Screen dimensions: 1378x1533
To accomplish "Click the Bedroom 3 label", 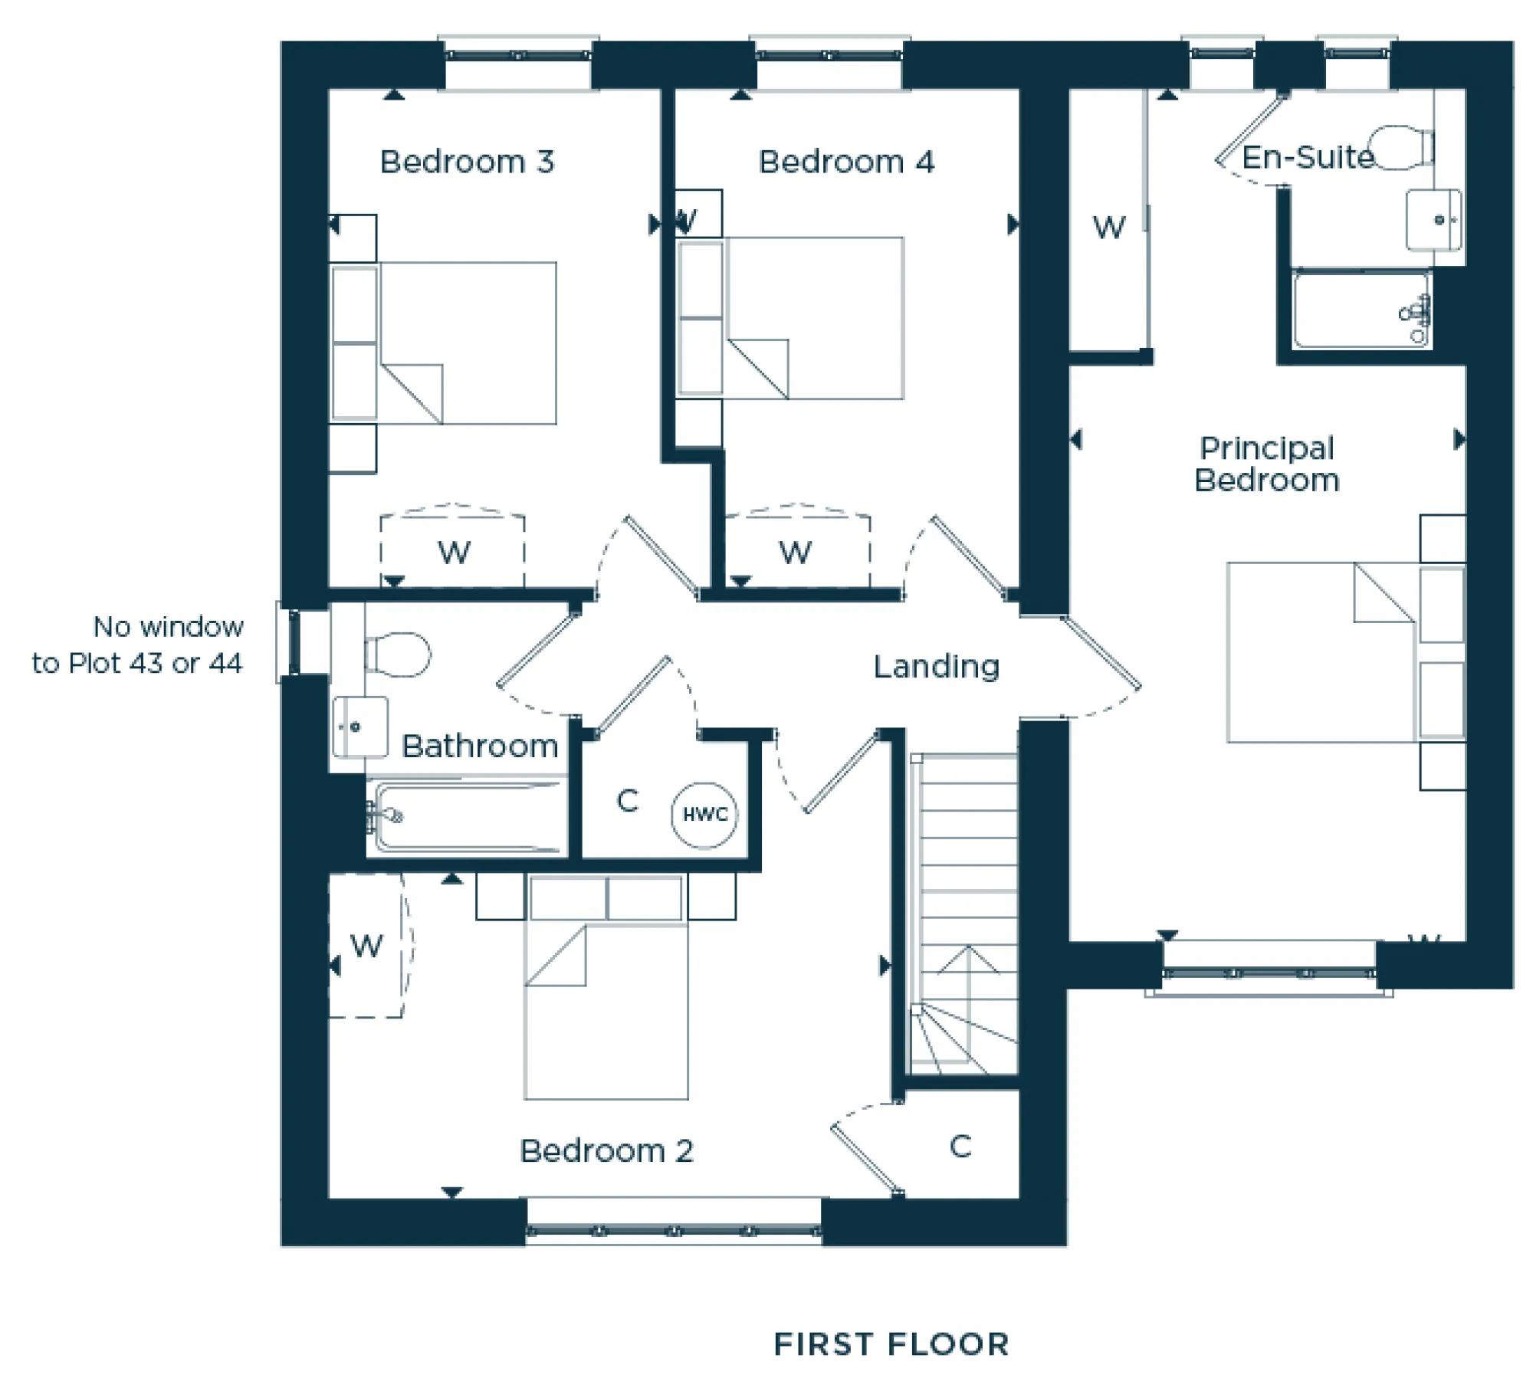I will coord(466,162).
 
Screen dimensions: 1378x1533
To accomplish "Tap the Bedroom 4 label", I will coord(845,162).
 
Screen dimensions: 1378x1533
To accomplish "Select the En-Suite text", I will coord(1307,157).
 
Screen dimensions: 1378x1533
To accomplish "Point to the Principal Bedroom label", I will coord(1266,464).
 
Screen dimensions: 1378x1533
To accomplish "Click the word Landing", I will coord(936,666).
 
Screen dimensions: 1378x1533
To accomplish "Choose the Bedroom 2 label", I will coord(606,1150).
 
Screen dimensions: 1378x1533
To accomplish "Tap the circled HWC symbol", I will coord(704,814).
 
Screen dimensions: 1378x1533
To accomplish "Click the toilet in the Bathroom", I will coord(398,654).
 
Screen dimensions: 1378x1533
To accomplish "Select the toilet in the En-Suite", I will coord(1400,147).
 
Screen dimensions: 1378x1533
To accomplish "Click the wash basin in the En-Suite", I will coord(1433,220).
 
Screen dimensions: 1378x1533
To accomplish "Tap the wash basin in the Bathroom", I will coord(359,726).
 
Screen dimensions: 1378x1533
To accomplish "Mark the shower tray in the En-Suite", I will coord(1361,310).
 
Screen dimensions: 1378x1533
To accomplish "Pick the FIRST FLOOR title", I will coord(891,1344).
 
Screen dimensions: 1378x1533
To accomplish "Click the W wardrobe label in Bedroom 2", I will coord(366,946).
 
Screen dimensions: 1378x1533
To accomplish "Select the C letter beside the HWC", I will coord(627,801).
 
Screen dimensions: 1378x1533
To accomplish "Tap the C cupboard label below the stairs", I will coord(960,1147).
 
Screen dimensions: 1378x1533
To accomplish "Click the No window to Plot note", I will coord(138,645).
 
